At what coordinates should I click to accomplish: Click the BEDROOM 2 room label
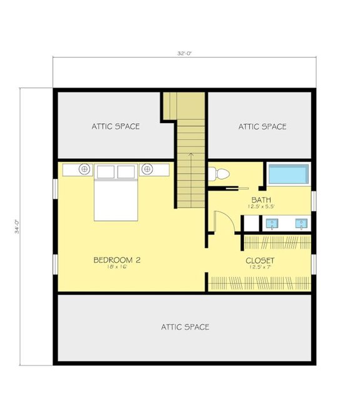(x=116, y=260)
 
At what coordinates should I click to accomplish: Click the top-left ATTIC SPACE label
(x=116, y=126)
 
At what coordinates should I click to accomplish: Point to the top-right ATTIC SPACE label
(x=262, y=126)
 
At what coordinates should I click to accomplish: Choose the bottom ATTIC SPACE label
(x=185, y=326)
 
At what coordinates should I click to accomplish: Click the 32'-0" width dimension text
(x=184, y=54)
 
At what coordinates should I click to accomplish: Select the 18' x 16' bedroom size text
(x=116, y=268)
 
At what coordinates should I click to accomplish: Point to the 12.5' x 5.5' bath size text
(x=260, y=207)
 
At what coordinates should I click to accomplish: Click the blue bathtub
(x=289, y=174)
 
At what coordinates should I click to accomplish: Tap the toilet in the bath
(x=217, y=174)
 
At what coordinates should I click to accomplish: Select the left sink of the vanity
(x=273, y=223)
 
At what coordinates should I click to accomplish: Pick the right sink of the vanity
(x=301, y=223)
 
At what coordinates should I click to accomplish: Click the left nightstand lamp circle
(x=85, y=169)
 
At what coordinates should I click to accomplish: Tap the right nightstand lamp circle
(x=148, y=169)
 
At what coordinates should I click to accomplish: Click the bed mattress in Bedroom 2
(x=116, y=199)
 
